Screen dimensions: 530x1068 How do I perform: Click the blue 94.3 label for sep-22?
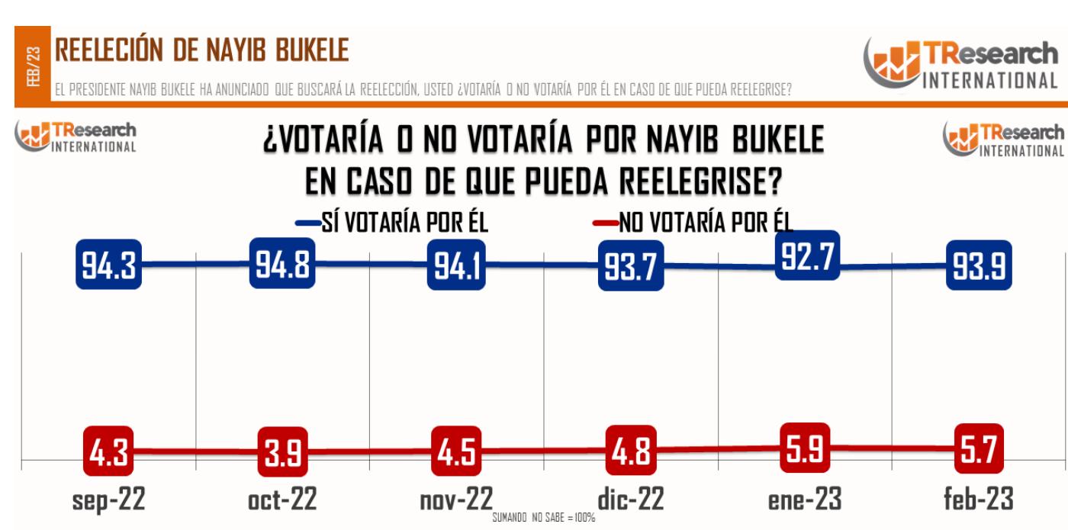[110, 265]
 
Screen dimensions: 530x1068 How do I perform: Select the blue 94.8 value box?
[282, 262]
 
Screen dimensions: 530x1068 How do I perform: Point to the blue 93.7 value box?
[631, 266]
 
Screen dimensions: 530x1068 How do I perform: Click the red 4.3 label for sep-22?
[110, 451]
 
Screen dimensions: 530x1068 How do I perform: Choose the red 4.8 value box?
[631, 451]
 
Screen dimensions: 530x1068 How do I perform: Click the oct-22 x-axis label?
[282, 499]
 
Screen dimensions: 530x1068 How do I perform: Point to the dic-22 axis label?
[631, 499]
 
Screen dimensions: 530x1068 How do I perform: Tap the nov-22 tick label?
[457, 499]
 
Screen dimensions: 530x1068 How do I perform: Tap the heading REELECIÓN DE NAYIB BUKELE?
[201, 51]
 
